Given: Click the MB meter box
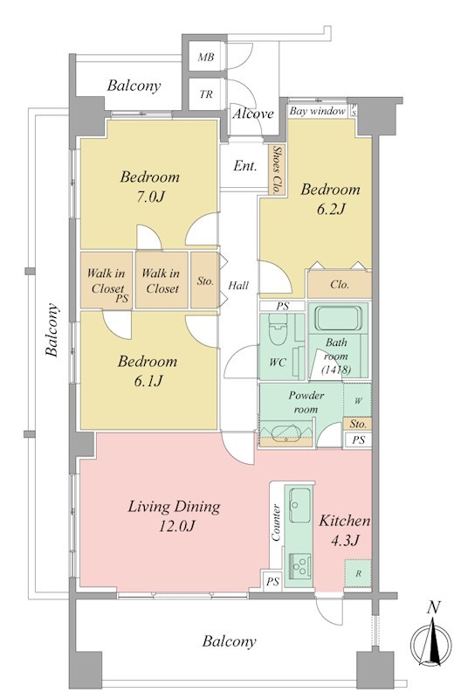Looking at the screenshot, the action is (205, 57).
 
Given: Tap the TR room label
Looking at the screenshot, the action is (206, 94).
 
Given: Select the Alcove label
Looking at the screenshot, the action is (253, 114).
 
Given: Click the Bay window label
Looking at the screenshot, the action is (317, 111).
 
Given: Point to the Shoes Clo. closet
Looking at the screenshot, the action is (277, 170).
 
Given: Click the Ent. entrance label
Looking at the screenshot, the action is (244, 166).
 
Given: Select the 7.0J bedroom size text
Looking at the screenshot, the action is (150, 196).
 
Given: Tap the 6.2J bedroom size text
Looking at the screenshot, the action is (331, 209).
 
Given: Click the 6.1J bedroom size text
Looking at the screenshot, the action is (148, 381).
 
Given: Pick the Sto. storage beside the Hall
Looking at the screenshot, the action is (204, 280).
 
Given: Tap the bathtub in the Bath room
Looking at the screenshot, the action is (339, 317).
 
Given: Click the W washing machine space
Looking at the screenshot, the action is (357, 400).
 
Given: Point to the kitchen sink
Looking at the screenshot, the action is (300, 505).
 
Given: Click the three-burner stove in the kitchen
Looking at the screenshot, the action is (300, 565).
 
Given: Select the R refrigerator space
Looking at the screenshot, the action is (358, 573).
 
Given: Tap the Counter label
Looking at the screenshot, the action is (276, 523).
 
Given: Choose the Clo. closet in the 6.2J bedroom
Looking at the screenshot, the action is (340, 285).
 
